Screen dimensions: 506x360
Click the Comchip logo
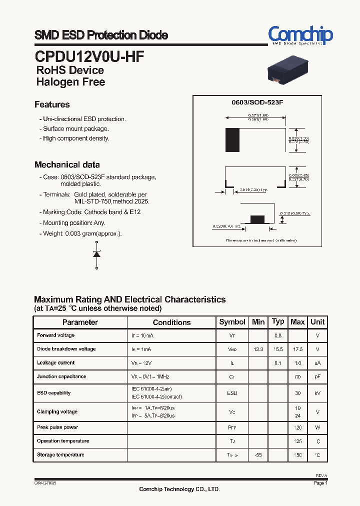(300, 35)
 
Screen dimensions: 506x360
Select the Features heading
(52, 104)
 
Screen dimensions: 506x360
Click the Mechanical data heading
(67, 164)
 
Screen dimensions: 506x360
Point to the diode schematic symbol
(97, 254)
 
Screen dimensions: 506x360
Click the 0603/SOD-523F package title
(257, 102)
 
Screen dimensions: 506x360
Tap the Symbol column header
(232, 322)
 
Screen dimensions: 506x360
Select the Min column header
(258, 322)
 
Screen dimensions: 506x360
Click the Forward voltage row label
(55, 335)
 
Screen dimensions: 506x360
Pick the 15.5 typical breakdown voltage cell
(278, 349)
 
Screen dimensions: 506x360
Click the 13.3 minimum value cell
(258, 349)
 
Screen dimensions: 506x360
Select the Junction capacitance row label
(61, 376)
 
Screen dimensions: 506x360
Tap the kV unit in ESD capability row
(317, 393)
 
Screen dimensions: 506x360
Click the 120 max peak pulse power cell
(297, 428)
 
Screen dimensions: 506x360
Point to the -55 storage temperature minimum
(258, 455)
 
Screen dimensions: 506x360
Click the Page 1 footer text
(320, 483)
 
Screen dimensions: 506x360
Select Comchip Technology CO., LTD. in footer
(179, 489)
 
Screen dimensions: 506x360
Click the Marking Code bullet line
(89, 212)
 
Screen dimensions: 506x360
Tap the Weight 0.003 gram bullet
(80, 233)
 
